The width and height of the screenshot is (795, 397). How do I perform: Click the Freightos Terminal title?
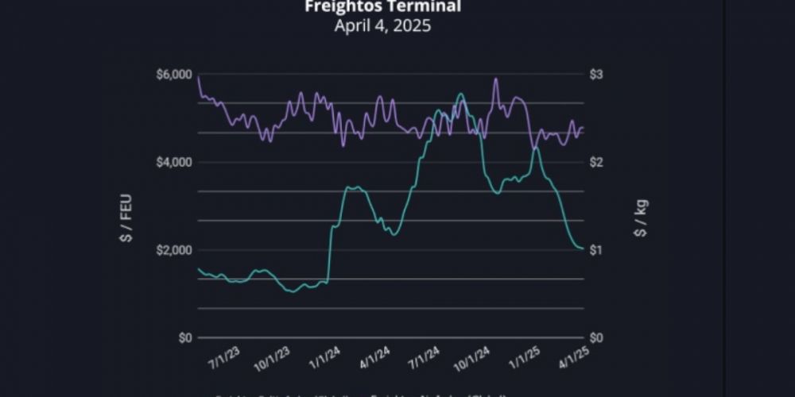[x=382, y=7]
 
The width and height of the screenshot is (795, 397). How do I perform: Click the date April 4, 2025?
[x=382, y=25]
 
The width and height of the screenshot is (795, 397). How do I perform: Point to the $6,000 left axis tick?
[x=174, y=75]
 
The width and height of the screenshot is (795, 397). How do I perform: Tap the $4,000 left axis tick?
[x=174, y=163]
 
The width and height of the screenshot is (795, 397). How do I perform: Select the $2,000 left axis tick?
[x=174, y=250]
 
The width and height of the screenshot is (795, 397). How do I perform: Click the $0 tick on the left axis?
[x=184, y=338]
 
